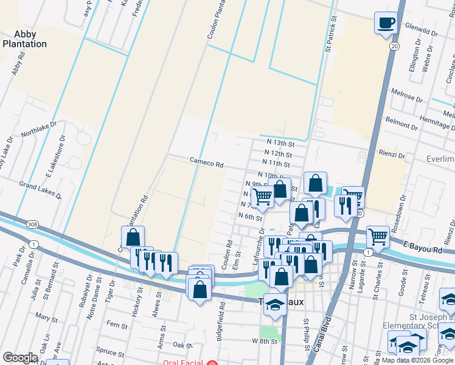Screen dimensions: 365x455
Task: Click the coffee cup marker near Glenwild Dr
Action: click(385, 24)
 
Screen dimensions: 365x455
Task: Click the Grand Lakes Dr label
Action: click(40, 190)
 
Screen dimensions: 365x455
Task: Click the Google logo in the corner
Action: click(20, 358)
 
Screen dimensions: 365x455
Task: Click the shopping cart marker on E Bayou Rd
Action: click(378, 235)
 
